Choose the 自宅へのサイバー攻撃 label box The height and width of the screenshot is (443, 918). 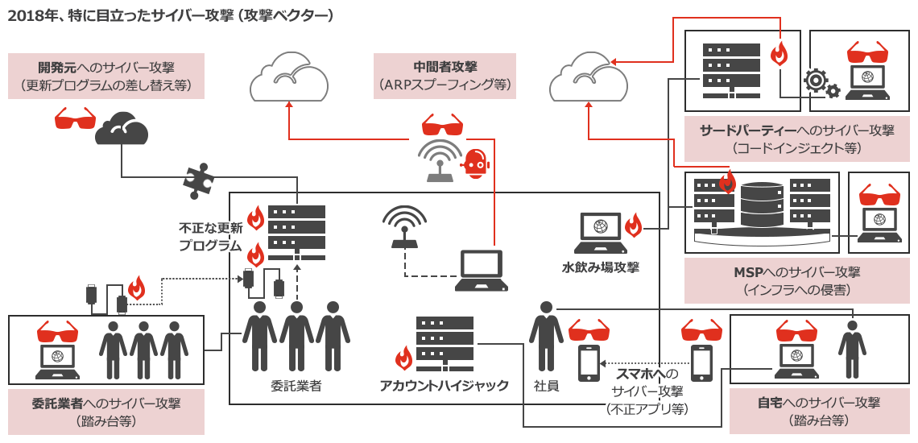818,411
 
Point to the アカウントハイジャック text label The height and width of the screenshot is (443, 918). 444,386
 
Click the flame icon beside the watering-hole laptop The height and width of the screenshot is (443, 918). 633,225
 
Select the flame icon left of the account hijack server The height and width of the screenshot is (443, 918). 403,358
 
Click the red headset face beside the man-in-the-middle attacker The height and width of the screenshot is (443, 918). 474,164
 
